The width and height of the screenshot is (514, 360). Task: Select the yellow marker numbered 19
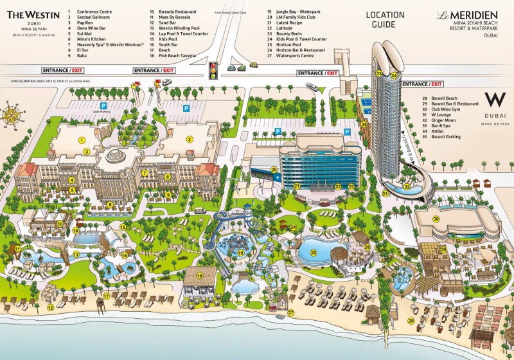coord(240,253)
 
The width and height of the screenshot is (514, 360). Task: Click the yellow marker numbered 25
coord(314,253)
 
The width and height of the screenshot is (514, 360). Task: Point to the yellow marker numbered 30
coord(436,219)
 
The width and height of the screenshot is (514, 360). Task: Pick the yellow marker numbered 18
coord(199,276)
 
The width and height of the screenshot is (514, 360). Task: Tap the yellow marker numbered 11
coord(18,249)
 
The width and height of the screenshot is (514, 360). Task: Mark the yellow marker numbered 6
coord(110,205)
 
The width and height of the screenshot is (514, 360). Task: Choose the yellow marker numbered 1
coord(82,139)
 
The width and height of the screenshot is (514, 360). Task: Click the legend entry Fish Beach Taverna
coord(177,56)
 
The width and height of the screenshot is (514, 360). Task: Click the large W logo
coord(494,99)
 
